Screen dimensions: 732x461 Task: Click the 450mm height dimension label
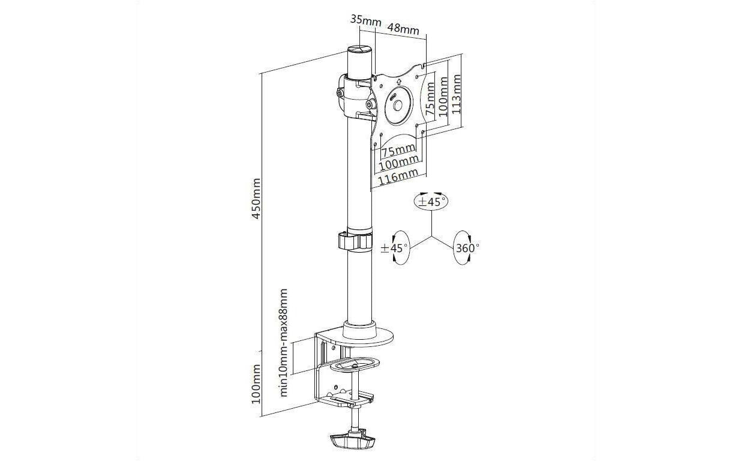click(x=256, y=198)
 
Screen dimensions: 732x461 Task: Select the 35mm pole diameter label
click(x=365, y=20)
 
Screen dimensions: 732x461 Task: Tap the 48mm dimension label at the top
click(x=403, y=29)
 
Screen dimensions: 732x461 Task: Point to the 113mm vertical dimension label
click(x=456, y=94)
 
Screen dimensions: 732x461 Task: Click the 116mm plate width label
click(x=398, y=175)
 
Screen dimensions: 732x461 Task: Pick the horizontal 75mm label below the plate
click(x=399, y=151)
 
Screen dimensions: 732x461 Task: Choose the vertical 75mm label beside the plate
click(x=431, y=98)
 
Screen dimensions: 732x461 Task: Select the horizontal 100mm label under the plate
click(x=398, y=163)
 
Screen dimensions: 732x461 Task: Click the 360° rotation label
click(x=467, y=248)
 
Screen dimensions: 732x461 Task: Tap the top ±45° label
click(x=432, y=202)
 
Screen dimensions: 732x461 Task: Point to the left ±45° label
click(x=394, y=248)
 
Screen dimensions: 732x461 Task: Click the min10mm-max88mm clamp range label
click(x=284, y=342)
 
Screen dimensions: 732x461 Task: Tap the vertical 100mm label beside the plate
click(x=443, y=97)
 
